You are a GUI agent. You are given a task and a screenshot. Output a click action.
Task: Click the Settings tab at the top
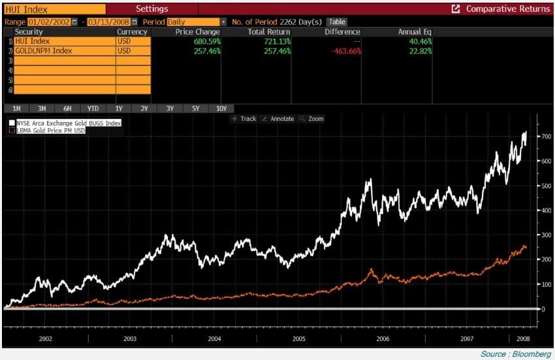tap(151, 9)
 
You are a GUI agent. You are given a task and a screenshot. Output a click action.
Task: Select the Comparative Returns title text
tap(507, 9)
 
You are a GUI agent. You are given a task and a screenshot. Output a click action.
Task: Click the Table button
tap(337, 22)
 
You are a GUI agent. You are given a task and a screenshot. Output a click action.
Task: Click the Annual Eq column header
tap(415, 31)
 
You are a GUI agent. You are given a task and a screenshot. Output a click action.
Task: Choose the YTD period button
tap(93, 108)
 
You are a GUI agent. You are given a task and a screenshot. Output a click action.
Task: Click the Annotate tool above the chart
tap(277, 119)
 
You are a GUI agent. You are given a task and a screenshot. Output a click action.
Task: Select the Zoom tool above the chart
tap(311, 119)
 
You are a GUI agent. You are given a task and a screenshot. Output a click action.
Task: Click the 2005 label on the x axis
tap(299, 339)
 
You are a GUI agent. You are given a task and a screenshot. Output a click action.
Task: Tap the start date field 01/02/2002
tap(49, 22)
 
